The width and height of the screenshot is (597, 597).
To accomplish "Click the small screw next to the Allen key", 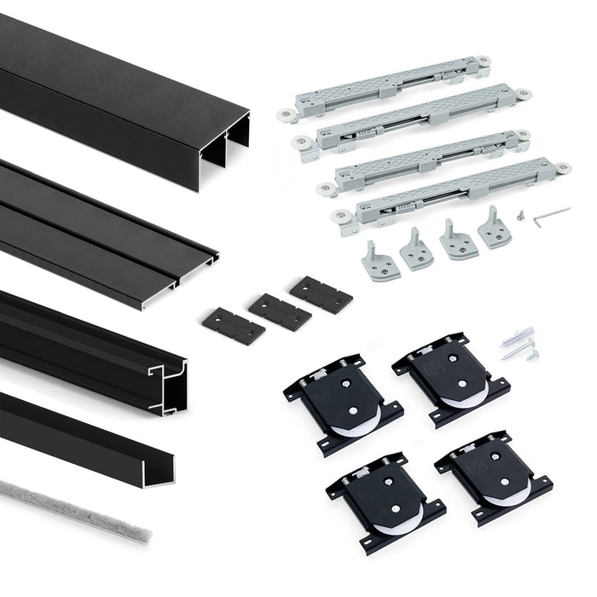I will pos(521,216).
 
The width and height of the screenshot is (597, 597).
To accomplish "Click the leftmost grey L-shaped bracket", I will pos(380,261).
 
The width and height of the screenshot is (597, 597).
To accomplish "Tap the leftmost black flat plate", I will pos(233,326).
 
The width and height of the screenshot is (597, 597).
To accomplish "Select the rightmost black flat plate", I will pos(321,294).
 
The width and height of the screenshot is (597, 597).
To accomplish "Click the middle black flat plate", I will pos(279,311).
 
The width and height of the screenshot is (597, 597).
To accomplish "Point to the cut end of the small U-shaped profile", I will pos(158,468).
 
